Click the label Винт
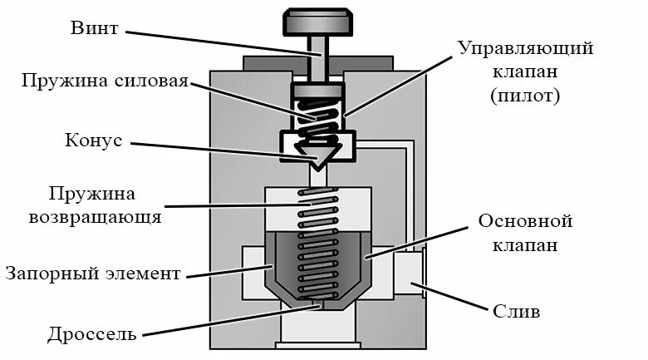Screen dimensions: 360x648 point(96,29)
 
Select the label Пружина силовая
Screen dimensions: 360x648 point(105,81)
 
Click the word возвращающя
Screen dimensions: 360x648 point(95,218)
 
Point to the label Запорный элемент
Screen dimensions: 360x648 point(92,273)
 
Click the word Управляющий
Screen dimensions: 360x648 point(525,47)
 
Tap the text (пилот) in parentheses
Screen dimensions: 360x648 point(525,96)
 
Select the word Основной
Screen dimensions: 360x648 point(526,222)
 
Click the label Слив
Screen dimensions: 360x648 point(517,313)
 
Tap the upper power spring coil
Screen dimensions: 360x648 point(320,116)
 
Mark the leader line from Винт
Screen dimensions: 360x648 point(216,42)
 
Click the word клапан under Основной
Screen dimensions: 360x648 point(526,246)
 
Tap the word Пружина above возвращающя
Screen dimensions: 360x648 point(93,195)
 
